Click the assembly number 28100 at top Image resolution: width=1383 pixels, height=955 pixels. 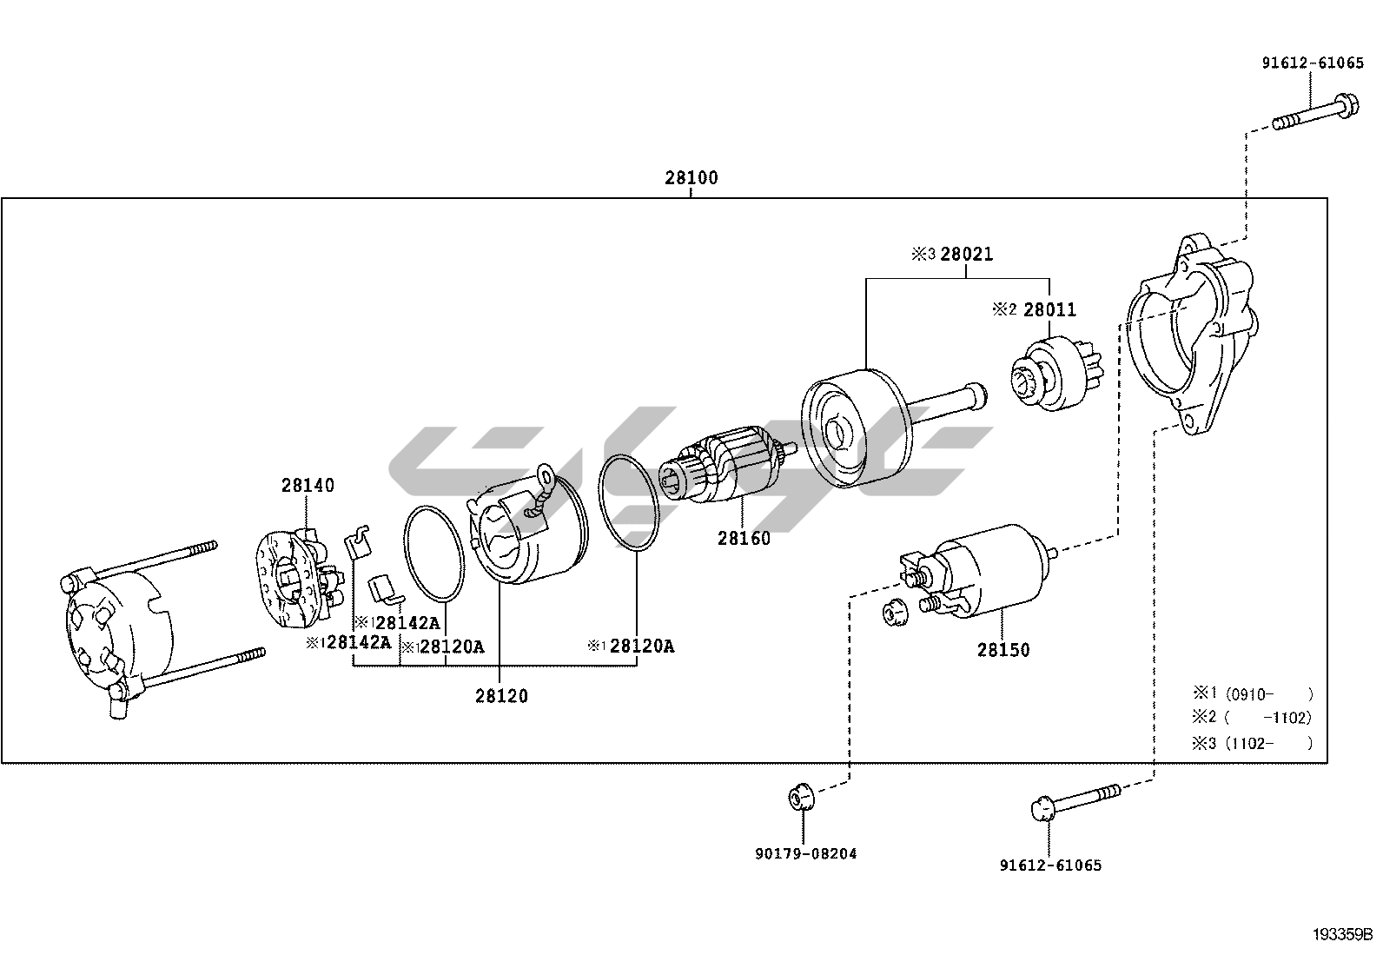691,178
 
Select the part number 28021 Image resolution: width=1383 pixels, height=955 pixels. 964,255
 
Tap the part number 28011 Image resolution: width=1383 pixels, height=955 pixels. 1049,310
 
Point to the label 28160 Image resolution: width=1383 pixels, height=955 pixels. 744,539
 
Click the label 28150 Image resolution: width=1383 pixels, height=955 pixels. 1003,650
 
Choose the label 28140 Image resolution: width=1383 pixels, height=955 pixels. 308,486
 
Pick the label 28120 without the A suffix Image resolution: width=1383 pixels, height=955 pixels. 501,696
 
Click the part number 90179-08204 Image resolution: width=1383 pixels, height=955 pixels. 806,853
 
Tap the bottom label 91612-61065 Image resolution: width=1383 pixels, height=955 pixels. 1050,865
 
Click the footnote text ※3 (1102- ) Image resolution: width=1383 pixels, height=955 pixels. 1252,743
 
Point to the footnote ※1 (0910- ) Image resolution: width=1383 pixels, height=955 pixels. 1252,694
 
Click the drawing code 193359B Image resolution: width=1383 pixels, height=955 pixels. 1343,935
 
